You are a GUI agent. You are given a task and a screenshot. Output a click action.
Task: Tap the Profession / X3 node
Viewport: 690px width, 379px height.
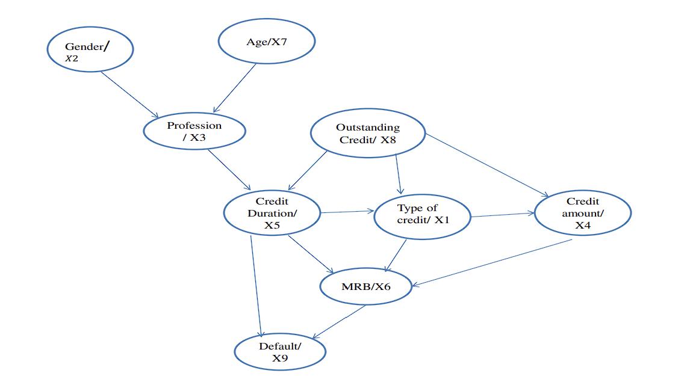click(194, 131)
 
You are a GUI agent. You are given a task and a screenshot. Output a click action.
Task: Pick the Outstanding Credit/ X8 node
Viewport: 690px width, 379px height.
click(367, 133)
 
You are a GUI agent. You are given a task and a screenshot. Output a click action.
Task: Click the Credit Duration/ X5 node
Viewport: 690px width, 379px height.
click(272, 213)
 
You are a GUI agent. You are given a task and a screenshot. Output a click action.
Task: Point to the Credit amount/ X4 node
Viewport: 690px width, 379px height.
click(582, 213)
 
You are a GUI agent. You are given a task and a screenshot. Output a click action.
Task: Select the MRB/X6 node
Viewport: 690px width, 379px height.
click(366, 286)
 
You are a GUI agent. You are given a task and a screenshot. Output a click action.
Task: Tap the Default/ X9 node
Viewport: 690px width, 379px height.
click(280, 352)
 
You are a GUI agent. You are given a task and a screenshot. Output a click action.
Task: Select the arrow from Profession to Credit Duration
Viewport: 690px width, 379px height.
click(229, 170)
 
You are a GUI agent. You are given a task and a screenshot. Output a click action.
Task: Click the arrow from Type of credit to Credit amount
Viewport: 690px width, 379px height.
click(503, 215)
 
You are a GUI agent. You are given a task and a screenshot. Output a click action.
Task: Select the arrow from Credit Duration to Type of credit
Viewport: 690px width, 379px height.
click(347, 212)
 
